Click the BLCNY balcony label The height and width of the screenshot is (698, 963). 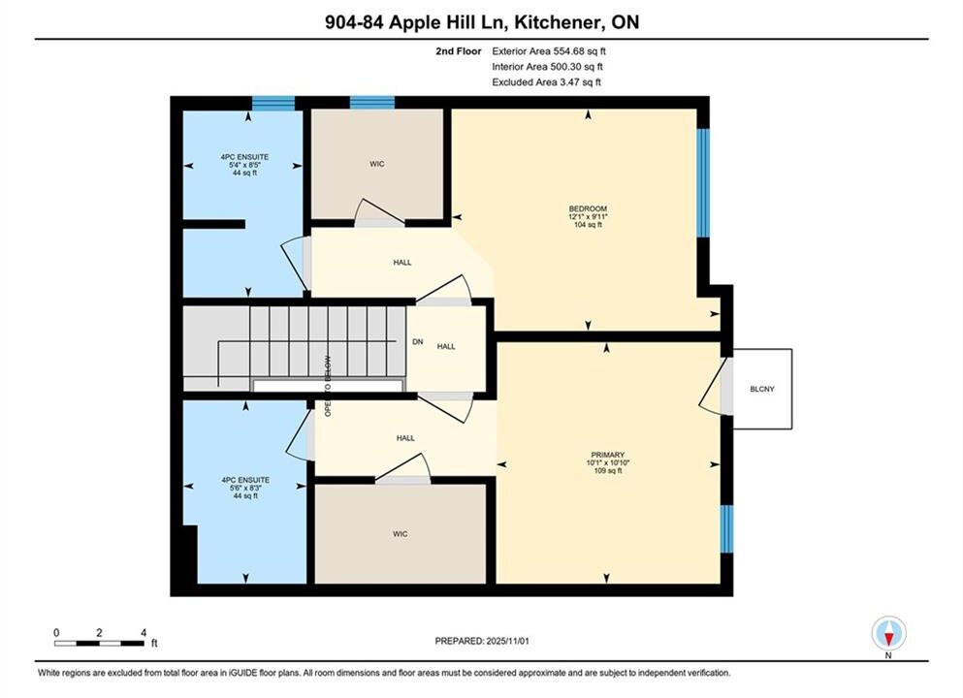(762, 389)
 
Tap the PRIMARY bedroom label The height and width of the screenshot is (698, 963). (608, 455)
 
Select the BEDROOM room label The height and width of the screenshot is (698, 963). (588, 208)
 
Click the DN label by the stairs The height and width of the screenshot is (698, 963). (418, 342)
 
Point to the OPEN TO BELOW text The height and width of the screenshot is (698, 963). (328, 386)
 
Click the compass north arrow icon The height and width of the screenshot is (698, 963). (888, 633)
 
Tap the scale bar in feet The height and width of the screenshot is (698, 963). (99, 644)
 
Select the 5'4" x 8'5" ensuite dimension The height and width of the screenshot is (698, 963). (244, 165)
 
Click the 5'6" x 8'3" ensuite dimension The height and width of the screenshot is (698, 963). (245, 488)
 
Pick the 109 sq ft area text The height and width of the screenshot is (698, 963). (608, 471)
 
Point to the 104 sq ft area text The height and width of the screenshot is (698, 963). (588, 225)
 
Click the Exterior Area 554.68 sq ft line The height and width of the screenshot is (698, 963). (549, 51)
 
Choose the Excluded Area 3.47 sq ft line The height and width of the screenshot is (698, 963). (547, 82)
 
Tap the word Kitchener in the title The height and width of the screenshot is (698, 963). (558, 22)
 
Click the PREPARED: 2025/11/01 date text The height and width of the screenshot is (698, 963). (481, 641)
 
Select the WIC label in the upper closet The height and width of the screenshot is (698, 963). (377, 164)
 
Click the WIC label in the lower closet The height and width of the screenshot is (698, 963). (400, 534)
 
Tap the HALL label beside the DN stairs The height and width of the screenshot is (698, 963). (446, 347)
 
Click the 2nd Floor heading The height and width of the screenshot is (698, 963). (458, 51)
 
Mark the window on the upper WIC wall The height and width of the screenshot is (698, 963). (372, 103)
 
